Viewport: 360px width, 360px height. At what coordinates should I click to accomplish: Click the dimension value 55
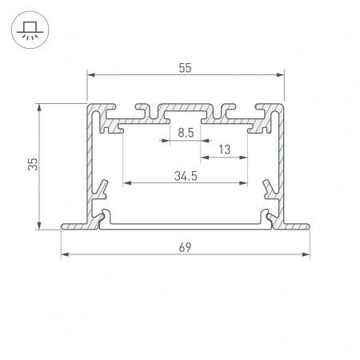(x=185, y=69)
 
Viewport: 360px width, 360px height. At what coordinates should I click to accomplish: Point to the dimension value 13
(x=223, y=149)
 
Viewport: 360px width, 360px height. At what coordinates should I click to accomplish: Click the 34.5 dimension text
(x=185, y=176)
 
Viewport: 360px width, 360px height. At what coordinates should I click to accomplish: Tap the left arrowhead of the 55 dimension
(x=90, y=75)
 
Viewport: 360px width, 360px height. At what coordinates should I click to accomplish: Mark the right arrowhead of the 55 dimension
(x=281, y=75)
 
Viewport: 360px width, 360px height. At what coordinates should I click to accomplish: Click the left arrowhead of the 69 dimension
(x=65, y=256)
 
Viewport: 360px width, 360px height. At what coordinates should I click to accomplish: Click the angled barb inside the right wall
(x=268, y=190)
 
